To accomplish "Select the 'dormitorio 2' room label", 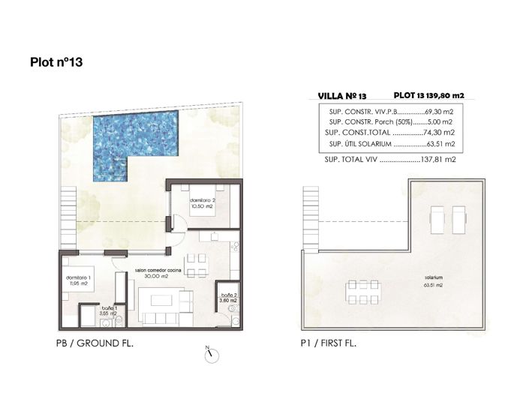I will tap(203, 201).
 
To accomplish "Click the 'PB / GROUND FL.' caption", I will tap(100, 343).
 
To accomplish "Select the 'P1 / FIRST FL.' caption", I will tap(326, 343).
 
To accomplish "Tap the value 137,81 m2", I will tap(440, 160).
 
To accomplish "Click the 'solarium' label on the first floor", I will tap(431, 277).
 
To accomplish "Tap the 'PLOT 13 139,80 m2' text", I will tap(428, 96).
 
